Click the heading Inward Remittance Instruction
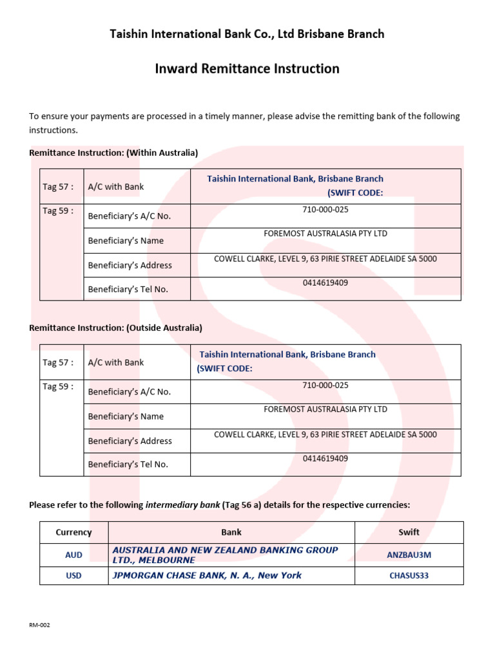coord(247,68)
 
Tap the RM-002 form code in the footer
coord(39,625)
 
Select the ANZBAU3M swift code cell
coord(409,554)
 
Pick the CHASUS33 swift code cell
coord(409,575)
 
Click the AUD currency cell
coord(73,555)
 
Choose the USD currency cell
coord(73,575)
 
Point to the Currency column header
coord(73,532)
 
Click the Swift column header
coord(409,532)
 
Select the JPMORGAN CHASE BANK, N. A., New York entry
coord(207,575)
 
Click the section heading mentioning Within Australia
coord(113,153)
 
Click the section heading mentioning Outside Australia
coord(115,328)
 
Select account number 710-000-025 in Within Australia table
coord(325,210)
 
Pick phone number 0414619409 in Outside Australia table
coord(325,459)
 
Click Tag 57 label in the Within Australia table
coord(58,187)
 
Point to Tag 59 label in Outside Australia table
coord(58,386)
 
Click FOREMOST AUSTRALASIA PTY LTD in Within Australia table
coord(325,234)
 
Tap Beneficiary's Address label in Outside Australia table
coord(130,441)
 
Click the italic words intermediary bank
coord(182,505)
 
